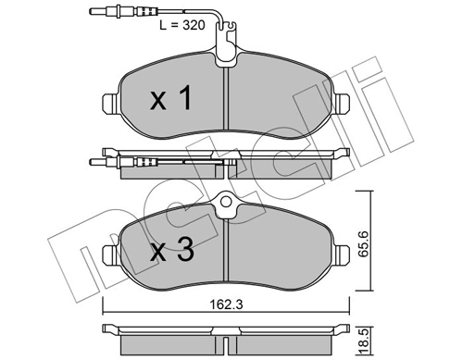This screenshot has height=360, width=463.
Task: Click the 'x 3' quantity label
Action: click(x=173, y=249)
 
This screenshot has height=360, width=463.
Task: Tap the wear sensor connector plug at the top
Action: click(x=97, y=12)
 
